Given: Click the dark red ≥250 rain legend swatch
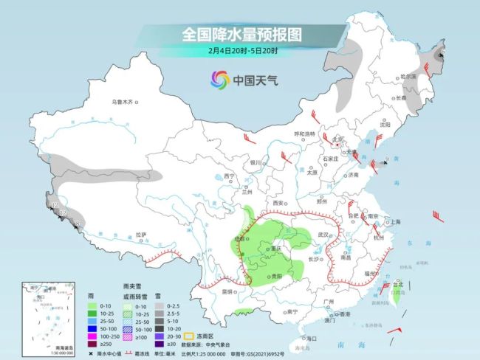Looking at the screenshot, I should tap(92, 345).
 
